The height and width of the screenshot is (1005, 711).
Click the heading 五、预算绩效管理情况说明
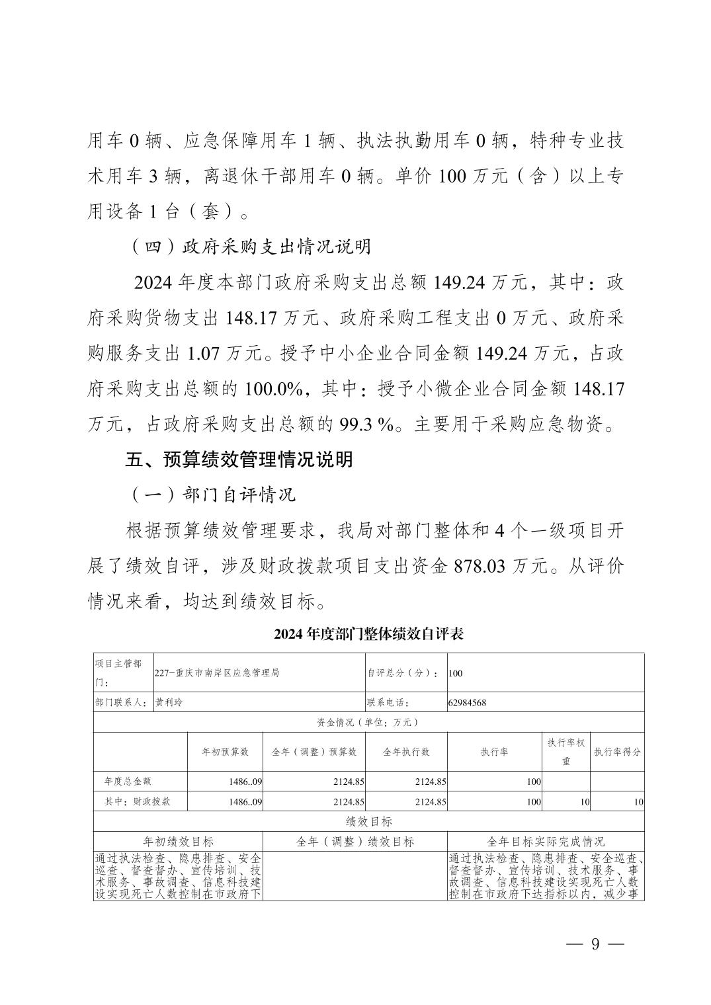239,460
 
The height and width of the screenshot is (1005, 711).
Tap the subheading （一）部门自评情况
210,495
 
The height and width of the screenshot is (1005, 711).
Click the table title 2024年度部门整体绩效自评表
369,634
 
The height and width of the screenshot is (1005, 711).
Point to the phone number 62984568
467,702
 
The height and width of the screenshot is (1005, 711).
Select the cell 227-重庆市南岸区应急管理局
217,672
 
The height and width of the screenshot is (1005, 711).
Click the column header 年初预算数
225,752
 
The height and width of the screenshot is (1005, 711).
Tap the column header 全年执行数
406,752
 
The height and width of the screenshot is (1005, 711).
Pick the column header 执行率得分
617,752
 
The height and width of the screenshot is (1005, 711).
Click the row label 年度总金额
128,781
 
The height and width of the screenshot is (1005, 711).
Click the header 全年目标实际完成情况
545,841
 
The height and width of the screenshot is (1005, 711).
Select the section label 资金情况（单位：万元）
368,722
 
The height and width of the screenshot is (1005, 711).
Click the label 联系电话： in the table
388,702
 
